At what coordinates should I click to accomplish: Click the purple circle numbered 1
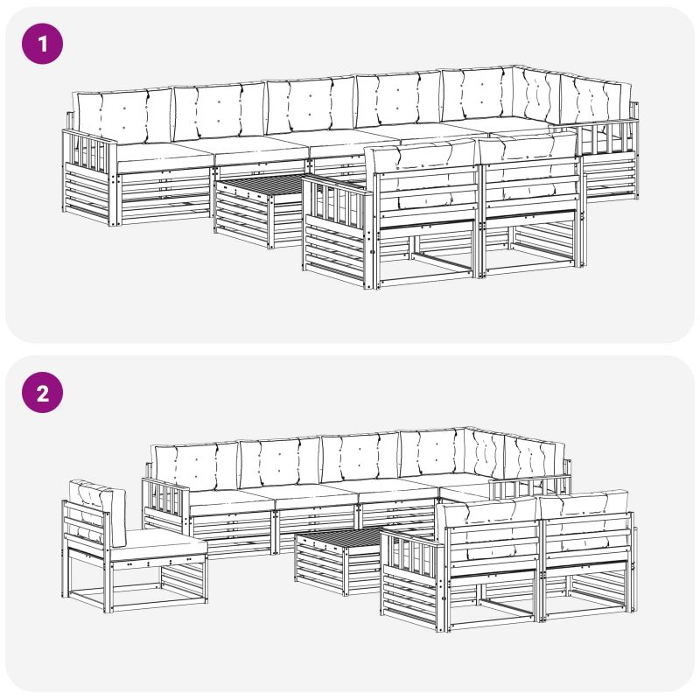click(42, 44)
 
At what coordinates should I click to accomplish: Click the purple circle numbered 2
click(42, 392)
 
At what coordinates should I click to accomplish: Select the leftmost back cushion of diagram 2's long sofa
click(196, 466)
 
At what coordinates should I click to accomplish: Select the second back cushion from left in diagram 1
click(220, 112)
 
